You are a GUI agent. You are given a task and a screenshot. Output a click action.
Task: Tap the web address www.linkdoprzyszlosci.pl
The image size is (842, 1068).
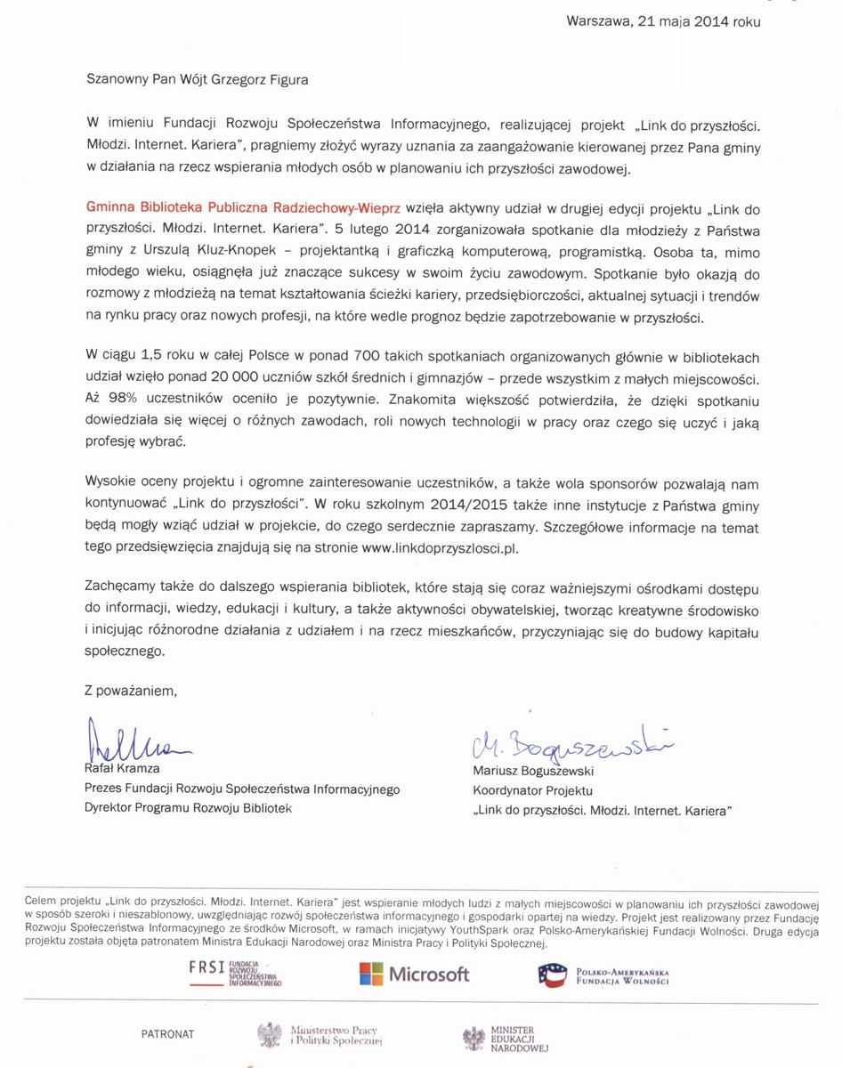click(x=441, y=548)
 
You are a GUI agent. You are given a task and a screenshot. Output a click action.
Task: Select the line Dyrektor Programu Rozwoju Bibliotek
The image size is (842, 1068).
click(x=188, y=808)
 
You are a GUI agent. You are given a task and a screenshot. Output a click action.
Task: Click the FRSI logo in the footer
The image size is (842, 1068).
click(x=235, y=973)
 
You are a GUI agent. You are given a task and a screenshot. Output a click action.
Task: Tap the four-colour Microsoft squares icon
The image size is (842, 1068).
click(x=371, y=974)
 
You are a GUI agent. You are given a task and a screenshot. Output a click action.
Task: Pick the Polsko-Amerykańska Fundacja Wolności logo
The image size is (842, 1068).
click(x=603, y=975)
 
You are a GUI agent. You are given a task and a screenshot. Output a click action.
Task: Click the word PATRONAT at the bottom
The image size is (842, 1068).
click(x=167, y=1034)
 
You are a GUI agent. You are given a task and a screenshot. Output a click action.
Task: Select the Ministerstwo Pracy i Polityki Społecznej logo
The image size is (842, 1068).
click(x=320, y=1034)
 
